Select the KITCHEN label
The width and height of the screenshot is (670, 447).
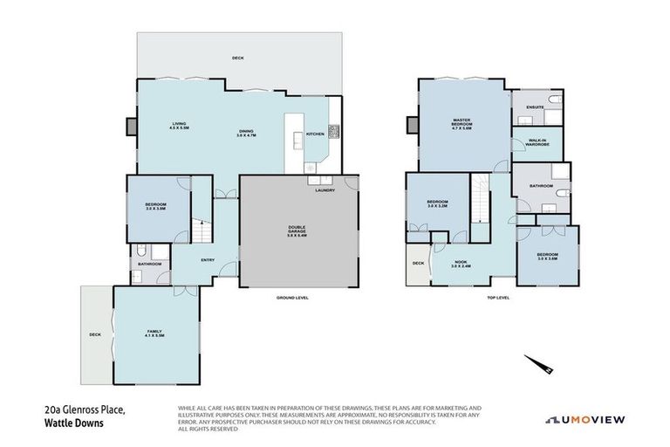click(x=314, y=134)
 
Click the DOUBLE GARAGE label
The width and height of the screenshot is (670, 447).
click(x=297, y=231)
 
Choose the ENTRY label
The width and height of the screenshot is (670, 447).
click(x=207, y=259)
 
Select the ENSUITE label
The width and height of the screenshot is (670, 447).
click(x=535, y=107)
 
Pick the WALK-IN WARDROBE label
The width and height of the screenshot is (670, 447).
click(x=536, y=143)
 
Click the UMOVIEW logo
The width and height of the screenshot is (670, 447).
click(x=585, y=419)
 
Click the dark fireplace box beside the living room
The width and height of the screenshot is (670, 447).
click(x=131, y=127)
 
